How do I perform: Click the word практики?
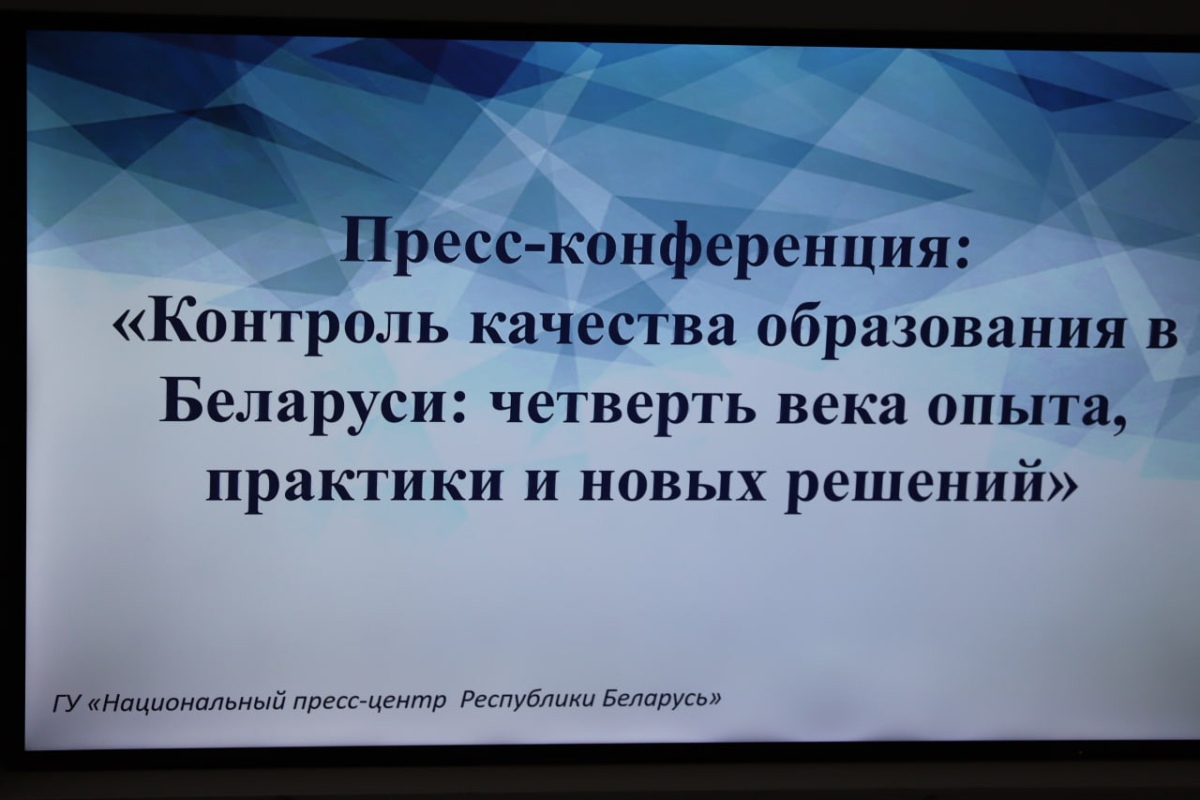(x=354, y=487)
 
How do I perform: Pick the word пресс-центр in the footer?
(x=368, y=702)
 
